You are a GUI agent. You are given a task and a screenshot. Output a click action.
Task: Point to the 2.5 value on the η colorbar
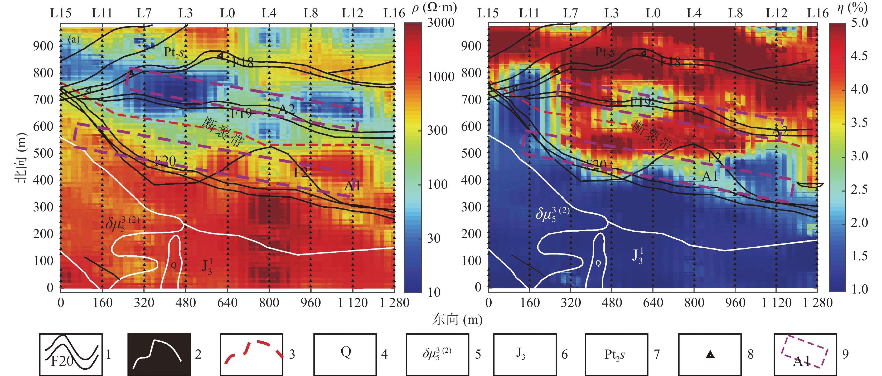pyautogui.click(x=859, y=189)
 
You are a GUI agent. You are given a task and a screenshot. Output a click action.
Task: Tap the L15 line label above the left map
pyautogui.click(x=61, y=13)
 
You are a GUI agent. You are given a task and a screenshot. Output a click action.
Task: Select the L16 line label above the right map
pyautogui.click(x=818, y=13)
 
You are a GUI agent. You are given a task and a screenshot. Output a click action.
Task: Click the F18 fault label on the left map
pyautogui.click(x=243, y=62)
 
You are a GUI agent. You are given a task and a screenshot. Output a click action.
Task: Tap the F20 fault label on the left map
pyautogui.click(x=165, y=160)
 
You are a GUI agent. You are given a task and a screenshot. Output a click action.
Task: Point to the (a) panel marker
pyautogui.click(x=74, y=39)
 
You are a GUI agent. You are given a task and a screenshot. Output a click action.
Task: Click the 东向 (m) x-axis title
pyautogui.click(x=457, y=320)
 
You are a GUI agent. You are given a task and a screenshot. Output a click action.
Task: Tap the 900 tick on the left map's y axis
pyautogui.click(x=43, y=46)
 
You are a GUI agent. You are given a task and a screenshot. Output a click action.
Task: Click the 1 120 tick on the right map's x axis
pyautogui.click(x=776, y=303)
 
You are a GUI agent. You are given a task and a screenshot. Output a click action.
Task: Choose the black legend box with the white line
pyautogui.click(x=159, y=354)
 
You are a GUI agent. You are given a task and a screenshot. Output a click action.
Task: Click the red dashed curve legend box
pyautogui.click(x=252, y=354)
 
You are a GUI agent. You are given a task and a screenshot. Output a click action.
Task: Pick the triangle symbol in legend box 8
pyautogui.click(x=710, y=355)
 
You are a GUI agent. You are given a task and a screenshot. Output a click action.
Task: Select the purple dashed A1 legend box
pyautogui.click(x=805, y=354)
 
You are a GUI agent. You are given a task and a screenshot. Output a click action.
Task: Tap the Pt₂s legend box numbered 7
pyautogui.click(x=616, y=354)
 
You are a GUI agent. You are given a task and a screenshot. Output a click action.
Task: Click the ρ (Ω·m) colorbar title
pyautogui.click(x=434, y=8)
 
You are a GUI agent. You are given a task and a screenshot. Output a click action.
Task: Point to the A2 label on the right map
pyautogui.click(x=780, y=131)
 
